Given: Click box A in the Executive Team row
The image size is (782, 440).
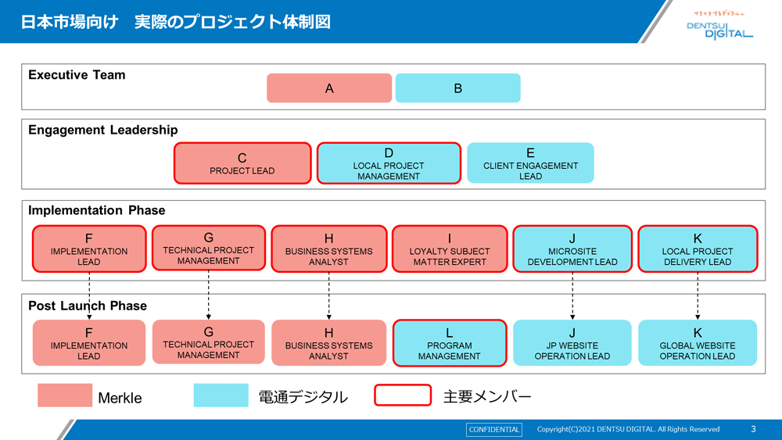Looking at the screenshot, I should [x=329, y=88].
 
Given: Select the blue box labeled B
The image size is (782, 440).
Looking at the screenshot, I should [x=457, y=88].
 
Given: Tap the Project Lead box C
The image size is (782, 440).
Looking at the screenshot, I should [x=242, y=163].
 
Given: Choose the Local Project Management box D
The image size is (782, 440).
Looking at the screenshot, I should [x=389, y=163].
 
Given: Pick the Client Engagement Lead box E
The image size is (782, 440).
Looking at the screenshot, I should [x=530, y=163].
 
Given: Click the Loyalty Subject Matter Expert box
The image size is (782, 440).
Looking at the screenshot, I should [x=450, y=249].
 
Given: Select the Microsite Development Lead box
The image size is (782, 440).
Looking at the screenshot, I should [x=572, y=249].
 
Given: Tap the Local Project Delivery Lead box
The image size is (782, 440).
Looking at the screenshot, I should [x=698, y=249].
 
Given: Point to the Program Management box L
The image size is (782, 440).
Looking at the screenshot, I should [x=449, y=343].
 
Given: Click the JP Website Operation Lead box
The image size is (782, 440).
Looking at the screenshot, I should [x=572, y=343].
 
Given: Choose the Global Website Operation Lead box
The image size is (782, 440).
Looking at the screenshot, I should [x=698, y=343].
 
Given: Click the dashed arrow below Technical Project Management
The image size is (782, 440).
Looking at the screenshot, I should [x=209, y=295].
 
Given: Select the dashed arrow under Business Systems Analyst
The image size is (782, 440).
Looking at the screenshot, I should [x=329, y=295].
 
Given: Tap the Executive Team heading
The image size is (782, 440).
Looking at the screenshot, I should [x=77, y=75].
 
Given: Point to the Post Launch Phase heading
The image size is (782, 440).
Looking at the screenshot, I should [x=88, y=306].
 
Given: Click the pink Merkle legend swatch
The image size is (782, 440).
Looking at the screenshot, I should [x=65, y=395].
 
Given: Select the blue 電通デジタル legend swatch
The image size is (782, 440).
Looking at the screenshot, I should [x=221, y=395].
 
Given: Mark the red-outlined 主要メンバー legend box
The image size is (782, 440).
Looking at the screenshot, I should [x=403, y=395].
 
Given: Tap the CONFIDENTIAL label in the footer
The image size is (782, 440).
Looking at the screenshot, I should [x=494, y=429].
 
